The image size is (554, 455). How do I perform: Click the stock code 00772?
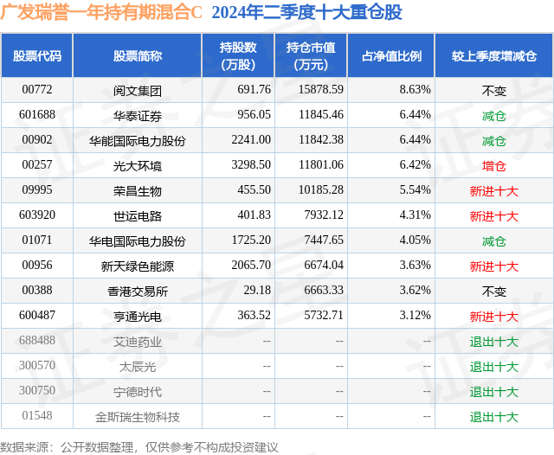point(37,89)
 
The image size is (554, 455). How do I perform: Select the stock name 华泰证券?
point(138,116)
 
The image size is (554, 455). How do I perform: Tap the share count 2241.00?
point(251,139)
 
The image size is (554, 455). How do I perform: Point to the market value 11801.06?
point(321,164)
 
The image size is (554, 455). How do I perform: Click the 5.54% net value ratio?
point(415,189)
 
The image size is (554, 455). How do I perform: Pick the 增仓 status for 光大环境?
point(494,166)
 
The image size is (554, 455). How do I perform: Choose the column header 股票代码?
point(37,55)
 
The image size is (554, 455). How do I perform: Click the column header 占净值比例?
point(391,55)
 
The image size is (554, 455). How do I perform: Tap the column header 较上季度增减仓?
point(494,55)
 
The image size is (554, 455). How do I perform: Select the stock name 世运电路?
point(138,216)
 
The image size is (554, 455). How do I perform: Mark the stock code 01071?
point(37,240)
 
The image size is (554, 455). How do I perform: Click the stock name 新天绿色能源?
point(138,266)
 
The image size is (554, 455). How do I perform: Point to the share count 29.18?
point(257,290)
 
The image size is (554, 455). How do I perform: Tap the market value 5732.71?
point(324,315)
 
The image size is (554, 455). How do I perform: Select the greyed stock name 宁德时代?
point(138,392)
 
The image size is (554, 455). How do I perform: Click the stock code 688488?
point(37,340)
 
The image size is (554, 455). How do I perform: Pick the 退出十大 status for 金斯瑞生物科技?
point(494,417)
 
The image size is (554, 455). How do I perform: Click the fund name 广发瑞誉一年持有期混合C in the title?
point(101,12)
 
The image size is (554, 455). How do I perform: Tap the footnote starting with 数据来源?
point(139,447)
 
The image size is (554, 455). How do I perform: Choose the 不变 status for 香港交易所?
point(494,292)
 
